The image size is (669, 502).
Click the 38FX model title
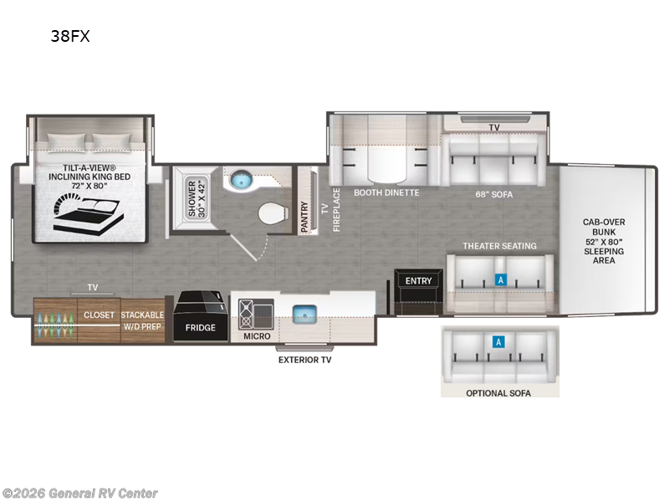point(70,36)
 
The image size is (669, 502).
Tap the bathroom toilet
point(272,213)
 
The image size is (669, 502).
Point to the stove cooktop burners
point(246,315)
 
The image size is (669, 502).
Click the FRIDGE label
point(200,328)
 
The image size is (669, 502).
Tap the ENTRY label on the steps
point(418,281)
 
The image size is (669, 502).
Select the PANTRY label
point(304,217)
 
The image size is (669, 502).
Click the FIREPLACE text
point(337,210)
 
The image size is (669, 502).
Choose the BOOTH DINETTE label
point(386,192)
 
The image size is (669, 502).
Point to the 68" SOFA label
point(494,195)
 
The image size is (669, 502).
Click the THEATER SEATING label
point(499,246)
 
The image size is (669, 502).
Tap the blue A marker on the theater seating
point(500,280)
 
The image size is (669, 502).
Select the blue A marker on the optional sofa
point(498,341)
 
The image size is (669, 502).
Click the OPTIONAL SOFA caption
point(498,393)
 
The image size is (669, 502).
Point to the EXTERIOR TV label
point(304,360)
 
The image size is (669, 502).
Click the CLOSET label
point(99,315)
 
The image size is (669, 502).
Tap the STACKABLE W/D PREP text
point(142,320)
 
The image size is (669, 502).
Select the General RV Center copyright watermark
point(79,494)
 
